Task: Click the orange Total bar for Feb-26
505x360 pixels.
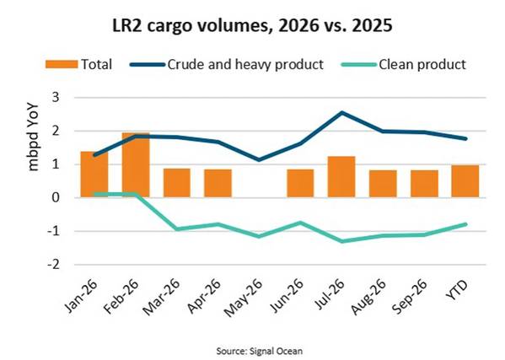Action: click(x=136, y=164)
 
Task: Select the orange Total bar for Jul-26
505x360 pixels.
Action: click(x=341, y=176)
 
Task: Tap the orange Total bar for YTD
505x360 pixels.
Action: click(x=465, y=181)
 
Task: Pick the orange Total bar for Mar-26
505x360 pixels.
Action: click(x=177, y=183)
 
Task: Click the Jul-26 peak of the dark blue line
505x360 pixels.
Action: click(x=341, y=112)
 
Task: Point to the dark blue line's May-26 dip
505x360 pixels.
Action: click(x=260, y=159)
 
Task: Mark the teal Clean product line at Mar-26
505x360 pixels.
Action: click(x=177, y=229)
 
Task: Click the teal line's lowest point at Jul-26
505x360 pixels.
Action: click(x=341, y=241)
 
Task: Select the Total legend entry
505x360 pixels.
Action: click(x=78, y=64)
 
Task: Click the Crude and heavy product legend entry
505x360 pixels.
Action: click(x=227, y=64)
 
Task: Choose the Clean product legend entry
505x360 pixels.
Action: click(x=403, y=64)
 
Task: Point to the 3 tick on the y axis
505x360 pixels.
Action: click(x=55, y=97)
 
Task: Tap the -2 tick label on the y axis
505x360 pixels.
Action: click(x=53, y=265)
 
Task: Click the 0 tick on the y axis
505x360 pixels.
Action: click(x=55, y=197)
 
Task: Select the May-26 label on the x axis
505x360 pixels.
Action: click(x=244, y=298)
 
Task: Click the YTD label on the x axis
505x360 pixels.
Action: click(x=458, y=290)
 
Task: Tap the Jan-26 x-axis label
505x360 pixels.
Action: click(x=81, y=296)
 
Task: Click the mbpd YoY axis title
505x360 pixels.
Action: click(x=33, y=137)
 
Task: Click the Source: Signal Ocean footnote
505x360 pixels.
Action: click(x=260, y=351)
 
